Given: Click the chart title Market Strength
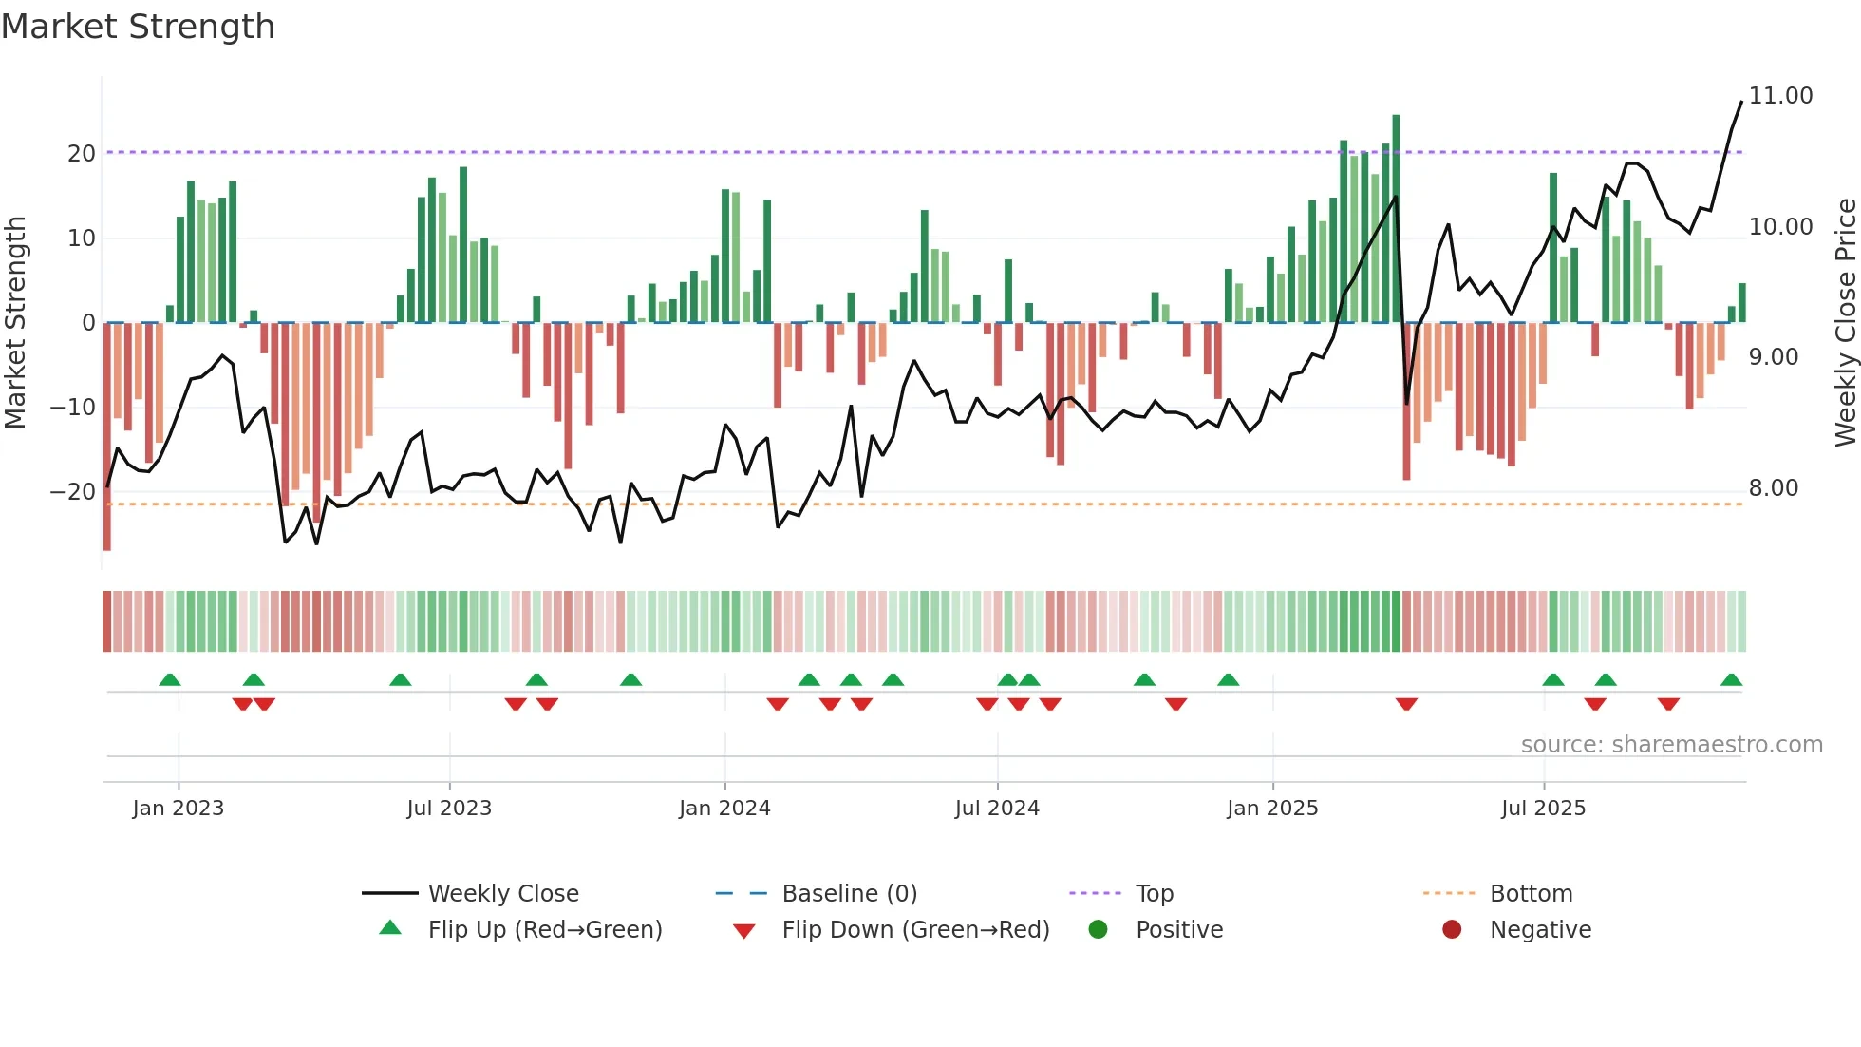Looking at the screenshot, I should pyautogui.click(x=138, y=27).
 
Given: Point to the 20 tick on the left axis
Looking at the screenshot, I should pyautogui.click(x=82, y=154).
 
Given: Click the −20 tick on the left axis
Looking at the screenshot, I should pyautogui.click(x=73, y=492).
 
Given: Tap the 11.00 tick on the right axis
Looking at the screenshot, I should pyautogui.click(x=1780, y=96).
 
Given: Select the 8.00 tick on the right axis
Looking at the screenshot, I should pyautogui.click(x=1773, y=488).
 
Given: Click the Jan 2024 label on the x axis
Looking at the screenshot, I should pyautogui.click(x=724, y=809).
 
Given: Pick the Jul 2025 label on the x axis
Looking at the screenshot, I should pyautogui.click(x=1543, y=809).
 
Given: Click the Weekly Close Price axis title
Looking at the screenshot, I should pyautogui.click(x=1845, y=322).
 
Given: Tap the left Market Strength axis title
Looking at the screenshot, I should pyautogui.click(x=15, y=322).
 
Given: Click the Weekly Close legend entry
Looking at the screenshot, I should pyautogui.click(x=503, y=894).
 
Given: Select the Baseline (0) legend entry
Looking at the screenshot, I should pyautogui.click(x=849, y=894).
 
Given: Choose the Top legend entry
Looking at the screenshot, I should pyautogui.click(x=1154, y=894).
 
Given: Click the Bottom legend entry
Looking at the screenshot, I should pyautogui.click(x=1531, y=894).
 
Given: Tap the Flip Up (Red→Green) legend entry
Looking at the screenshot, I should pyautogui.click(x=544, y=930).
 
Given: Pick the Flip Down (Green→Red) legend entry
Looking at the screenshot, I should pyautogui.click(x=915, y=930).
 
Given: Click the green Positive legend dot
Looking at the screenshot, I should pyautogui.click(x=1099, y=930).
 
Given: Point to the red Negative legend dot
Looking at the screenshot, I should pyautogui.click(x=1452, y=930).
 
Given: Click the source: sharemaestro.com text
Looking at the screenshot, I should pyautogui.click(x=1671, y=745).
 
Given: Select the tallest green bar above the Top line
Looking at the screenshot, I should pyautogui.click(x=1396, y=219).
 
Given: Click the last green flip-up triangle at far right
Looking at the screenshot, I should pyautogui.click(x=1731, y=680).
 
